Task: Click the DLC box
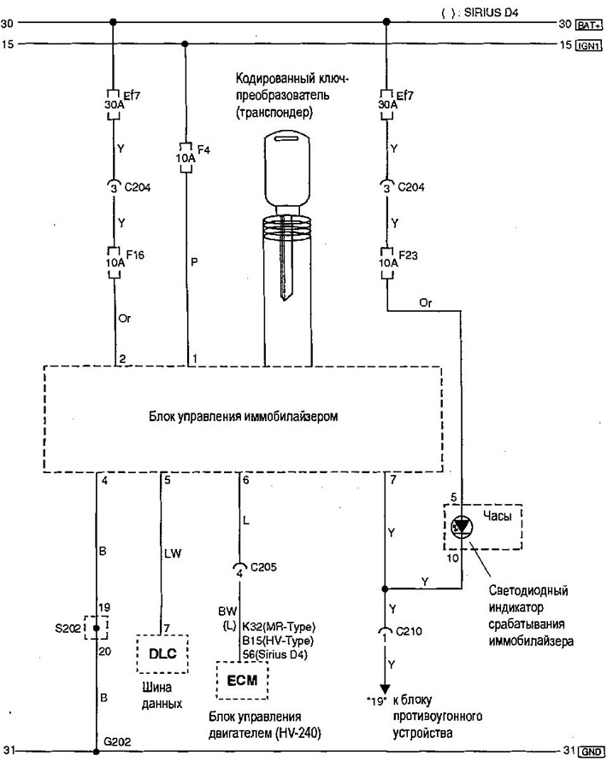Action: (x=162, y=653)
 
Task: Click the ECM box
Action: (x=242, y=681)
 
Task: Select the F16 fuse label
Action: (x=135, y=255)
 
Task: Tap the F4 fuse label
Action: (x=203, y=149)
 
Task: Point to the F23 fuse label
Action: (x=408, y=255)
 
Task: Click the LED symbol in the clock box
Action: (x=462, y=526)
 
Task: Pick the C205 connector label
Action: (x=263, y=567)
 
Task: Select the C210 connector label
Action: (x=409, y=631)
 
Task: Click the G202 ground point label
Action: (x=117, y=741)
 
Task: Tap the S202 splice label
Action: (x=68, y=628)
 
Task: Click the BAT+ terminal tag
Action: (x=589, y=25)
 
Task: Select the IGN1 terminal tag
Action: (x=588, y=45)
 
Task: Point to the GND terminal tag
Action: (x=591, y=752)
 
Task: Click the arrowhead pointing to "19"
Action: (x=385, y=688)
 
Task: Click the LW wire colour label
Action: (x=173, y=553)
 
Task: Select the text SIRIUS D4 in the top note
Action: (x=491, y=13)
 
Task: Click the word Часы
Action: (x=497, y=516)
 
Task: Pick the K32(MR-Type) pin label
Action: (x=279, y=627)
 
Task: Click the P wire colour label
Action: (x=194, y=262)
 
